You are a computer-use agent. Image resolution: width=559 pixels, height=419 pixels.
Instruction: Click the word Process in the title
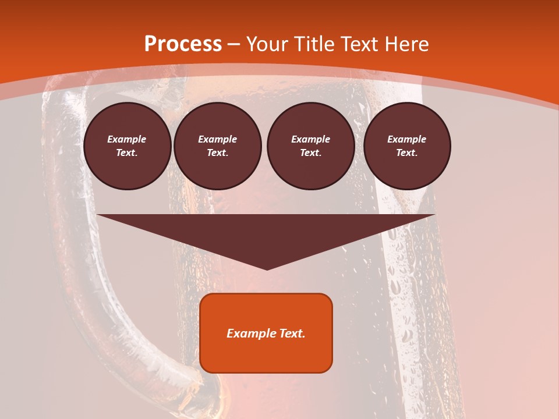tap(183, 44)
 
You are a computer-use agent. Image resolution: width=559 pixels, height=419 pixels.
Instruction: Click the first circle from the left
tap(127, 146)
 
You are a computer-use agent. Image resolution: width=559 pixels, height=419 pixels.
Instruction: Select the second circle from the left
tap(217, 146)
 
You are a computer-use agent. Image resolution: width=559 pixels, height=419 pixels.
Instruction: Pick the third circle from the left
tap(310, 146)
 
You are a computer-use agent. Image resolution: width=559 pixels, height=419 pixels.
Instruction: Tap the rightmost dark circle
tap(407, 146)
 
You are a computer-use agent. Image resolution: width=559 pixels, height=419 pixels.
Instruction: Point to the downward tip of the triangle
tap(267, 268)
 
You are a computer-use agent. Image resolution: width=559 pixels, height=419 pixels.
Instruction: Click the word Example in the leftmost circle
tap(127, 140)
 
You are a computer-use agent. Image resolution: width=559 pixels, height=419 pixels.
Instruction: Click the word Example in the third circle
tap(310, 140)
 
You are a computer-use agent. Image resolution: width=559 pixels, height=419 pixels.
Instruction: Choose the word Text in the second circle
tap(217, 153)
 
